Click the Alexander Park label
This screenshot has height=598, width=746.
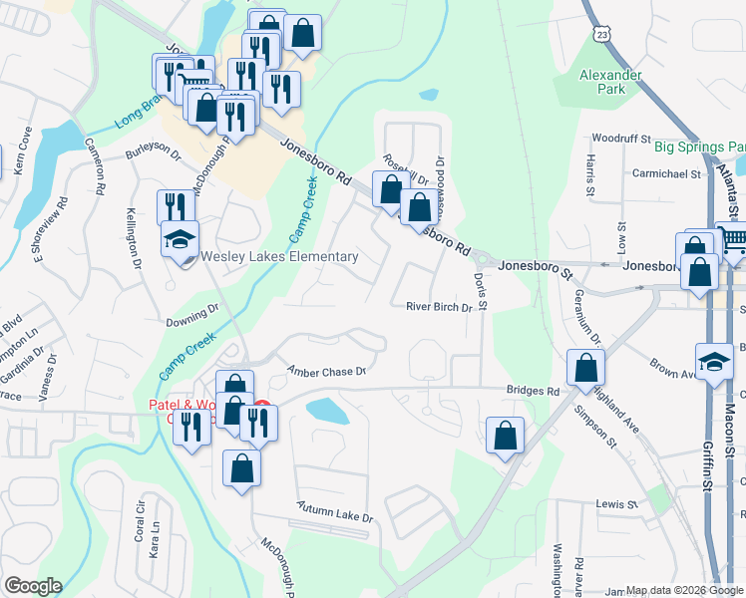pos(602,82)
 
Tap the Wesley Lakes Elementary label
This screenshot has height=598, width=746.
pos(279,257)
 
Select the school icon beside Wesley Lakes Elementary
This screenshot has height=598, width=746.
pos(181,240)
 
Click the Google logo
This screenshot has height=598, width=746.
pos(33,586)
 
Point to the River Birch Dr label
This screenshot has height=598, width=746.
pos(438,307)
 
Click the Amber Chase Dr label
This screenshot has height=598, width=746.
pos(327,371)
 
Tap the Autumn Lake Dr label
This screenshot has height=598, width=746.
pos(334,518)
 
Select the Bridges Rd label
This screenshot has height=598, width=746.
pos(532,392)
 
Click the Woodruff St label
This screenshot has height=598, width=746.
pos(620,139)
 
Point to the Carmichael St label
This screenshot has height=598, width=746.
pos(667,173)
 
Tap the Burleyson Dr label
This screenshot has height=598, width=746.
pos(153,155)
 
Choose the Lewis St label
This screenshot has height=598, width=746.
pos(616,505)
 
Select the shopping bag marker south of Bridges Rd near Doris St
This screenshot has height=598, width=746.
pos(506,436)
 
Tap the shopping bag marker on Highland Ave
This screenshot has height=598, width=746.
pos(584,368)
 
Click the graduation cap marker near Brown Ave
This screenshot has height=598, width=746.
pos(714,362)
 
